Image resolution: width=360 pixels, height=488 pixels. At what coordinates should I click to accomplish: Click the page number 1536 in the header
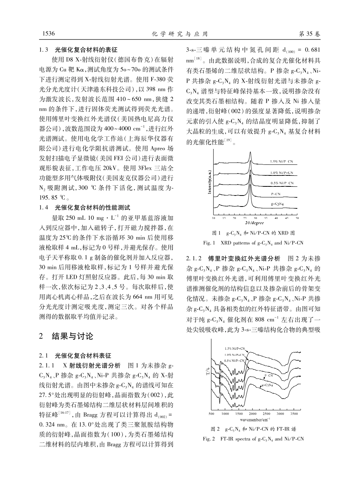(x=47, y=34)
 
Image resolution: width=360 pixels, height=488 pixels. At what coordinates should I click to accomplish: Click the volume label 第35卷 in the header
(x=310, y=34)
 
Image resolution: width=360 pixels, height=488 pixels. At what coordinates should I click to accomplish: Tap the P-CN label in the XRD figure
(x=275, y=194)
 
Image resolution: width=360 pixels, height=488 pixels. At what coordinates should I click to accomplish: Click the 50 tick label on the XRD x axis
(x=297, y=219)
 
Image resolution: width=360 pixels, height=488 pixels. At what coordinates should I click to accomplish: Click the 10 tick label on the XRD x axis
(x=213, y=219)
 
